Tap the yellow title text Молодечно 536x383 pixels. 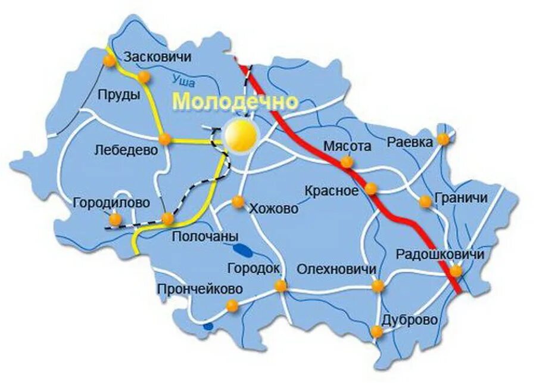click(235, 101)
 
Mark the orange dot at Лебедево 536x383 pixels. click(165, 139)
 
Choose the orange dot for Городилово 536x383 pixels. click(113, 220)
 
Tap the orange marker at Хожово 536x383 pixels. click(238, 202)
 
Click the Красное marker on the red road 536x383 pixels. click(370, 189)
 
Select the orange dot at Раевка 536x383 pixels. click(442, 139)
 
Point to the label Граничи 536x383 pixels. click(461, 197)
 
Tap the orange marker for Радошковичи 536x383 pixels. click(456, 271)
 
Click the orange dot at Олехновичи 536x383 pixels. click(377, 286)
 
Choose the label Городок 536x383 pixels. click(254, 268)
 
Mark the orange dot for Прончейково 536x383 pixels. click(232, 306)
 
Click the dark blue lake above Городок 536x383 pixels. click(241, 248)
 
